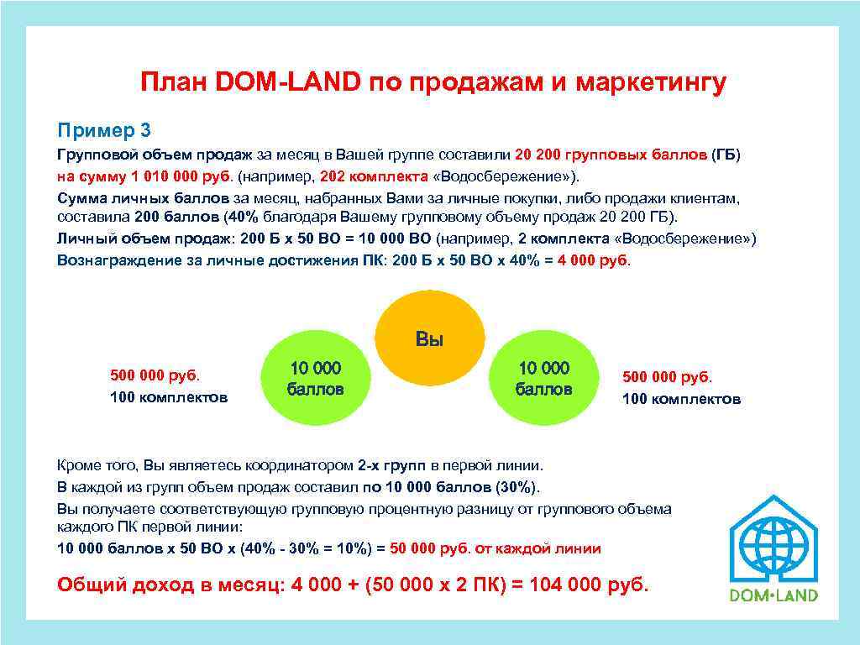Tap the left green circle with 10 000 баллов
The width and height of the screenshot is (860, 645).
(316, 379)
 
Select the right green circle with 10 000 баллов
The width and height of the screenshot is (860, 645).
(543, 379)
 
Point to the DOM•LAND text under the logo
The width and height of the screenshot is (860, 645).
(773, 595)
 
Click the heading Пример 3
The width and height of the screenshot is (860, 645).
(103, 130)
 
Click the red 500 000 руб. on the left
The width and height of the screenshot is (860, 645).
(159, 375)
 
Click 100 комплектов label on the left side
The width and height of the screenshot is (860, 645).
(169, 396)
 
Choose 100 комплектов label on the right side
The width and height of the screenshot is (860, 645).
(681, 399)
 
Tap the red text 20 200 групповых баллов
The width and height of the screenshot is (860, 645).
(611, 155)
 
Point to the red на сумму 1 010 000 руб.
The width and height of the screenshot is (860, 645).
(145, 176)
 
